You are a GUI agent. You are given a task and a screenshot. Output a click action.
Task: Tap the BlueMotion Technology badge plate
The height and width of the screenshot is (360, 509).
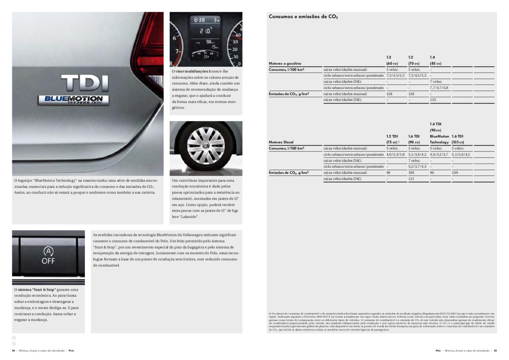pyautogui.click(x=73, y=100)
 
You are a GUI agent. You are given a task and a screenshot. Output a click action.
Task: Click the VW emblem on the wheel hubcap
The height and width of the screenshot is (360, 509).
pyautogui.click(x=205, y=146)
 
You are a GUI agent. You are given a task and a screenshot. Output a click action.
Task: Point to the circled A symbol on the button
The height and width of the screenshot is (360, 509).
pyautogui.click(x=49, y=251)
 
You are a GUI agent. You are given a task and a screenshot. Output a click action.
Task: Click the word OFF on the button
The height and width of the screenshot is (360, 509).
pyautogui.click(x=48, y=261)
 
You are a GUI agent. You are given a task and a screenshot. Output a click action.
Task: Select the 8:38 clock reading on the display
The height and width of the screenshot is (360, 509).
pyautogui.click(x=199, y=20)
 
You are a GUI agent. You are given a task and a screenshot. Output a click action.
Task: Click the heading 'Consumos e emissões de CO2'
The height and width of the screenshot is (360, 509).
pyautogui.click(x=303, y=17)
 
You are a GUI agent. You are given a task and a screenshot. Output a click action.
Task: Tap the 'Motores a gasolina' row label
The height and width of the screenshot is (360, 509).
pyautogui.click(x=285, y=64)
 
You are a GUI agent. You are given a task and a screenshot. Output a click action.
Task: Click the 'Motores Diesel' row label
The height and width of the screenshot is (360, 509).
pyautogui.click(x=281, y=142)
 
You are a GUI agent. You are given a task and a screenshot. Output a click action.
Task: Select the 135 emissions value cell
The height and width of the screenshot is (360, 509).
pyautogui.click(x=433, y=100)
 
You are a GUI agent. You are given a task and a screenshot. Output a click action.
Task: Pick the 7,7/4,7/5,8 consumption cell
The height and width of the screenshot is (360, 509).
pyautogui.click(x=439, y=88)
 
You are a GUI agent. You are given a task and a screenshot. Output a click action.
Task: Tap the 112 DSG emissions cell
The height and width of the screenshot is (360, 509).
pyautogui.click(x=411, y=179)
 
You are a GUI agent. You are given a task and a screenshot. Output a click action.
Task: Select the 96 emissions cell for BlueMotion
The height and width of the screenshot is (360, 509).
pyautogui.click(x=432, y=173)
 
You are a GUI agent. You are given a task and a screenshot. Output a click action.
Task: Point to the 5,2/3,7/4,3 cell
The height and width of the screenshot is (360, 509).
pyautogui.click(x=417, y=166)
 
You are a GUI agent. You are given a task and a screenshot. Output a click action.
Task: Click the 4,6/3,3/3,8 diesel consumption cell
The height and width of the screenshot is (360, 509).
pyautogui.click(x=395, y=155)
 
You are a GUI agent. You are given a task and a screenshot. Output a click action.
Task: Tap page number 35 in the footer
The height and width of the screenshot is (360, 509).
pyautogui.click(x=495, y=350)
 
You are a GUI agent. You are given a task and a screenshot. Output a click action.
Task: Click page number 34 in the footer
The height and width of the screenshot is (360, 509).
pyautogui.click(x=14, y=350)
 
